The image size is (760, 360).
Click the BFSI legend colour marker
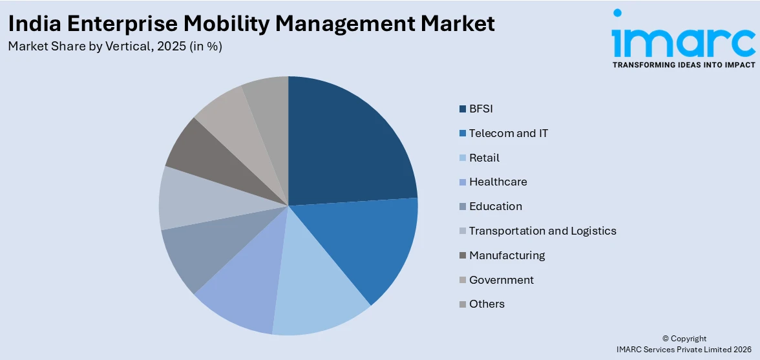(x=463, y=109)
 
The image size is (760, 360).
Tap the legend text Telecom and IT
(x=509, y=133)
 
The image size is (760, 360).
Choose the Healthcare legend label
(x=498, y=182)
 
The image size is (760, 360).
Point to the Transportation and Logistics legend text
(x=542, y=231)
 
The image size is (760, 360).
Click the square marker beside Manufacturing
(x=463, y=255)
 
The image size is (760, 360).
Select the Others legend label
(x=487, y=304)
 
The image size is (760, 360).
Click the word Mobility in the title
(x=220, y=24)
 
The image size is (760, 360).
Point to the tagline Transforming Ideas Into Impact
(x=683, y=65)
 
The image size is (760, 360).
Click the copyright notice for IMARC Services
(x=684, y=344)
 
